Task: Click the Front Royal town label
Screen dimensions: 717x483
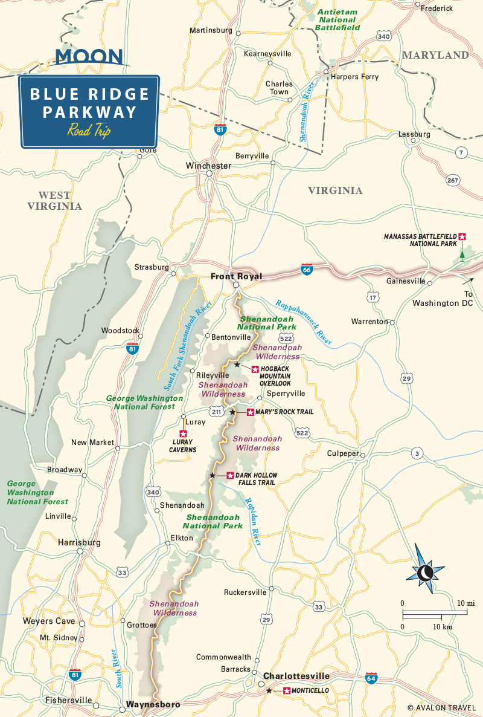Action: pos(236,276)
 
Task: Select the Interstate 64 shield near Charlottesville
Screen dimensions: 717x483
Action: pos(371,678)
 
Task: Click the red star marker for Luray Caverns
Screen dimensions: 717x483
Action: pos(183,433)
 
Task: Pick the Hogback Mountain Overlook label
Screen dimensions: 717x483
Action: pos(275,376)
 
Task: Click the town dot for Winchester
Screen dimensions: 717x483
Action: pos(209,174)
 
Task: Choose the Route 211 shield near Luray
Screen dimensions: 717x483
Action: pos(217,412)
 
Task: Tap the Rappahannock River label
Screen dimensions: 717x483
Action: pos(304,322)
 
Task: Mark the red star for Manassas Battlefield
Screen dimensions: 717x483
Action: pos(462,236)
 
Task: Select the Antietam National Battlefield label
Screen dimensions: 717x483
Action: pos(338,20)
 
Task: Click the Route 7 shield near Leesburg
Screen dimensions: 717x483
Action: pos(461,153)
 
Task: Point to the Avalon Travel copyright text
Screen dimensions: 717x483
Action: pos(443,707)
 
